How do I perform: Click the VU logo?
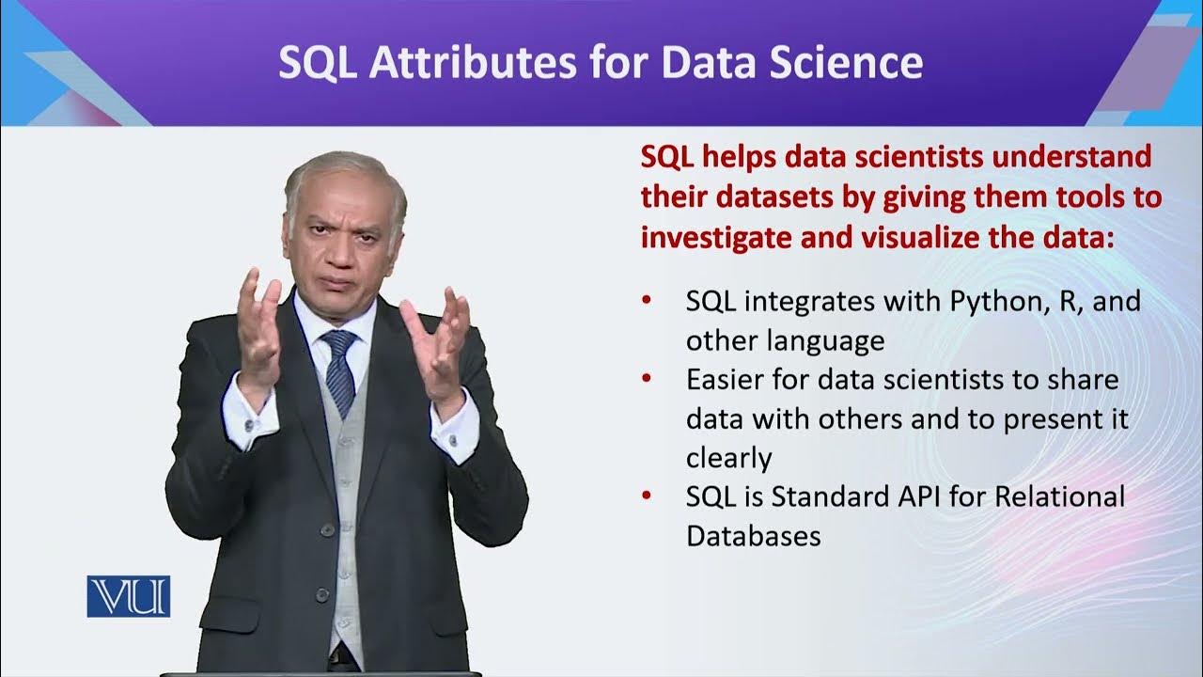click(128, 596)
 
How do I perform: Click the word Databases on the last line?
click(754, 536)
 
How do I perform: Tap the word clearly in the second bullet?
click(728, 458)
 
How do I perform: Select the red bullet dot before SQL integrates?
click(646, 302)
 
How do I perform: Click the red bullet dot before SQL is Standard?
click(646, 496)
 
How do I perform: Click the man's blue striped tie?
click(339, 371)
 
